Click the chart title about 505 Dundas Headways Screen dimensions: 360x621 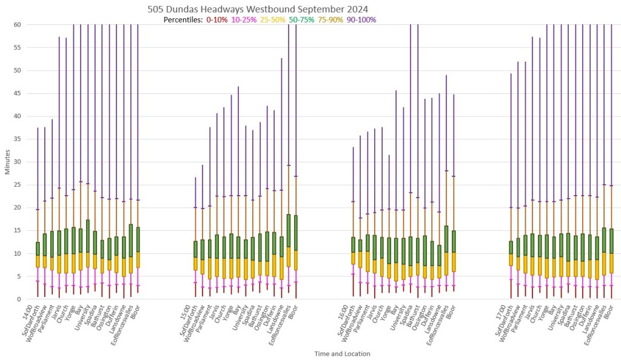click(258, 9)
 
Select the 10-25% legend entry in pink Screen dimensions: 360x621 click(243, 20)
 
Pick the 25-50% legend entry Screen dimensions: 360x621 click(272, 20)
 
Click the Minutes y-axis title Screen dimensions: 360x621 click(7, 161)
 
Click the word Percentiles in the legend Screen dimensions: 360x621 click(183, 20)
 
